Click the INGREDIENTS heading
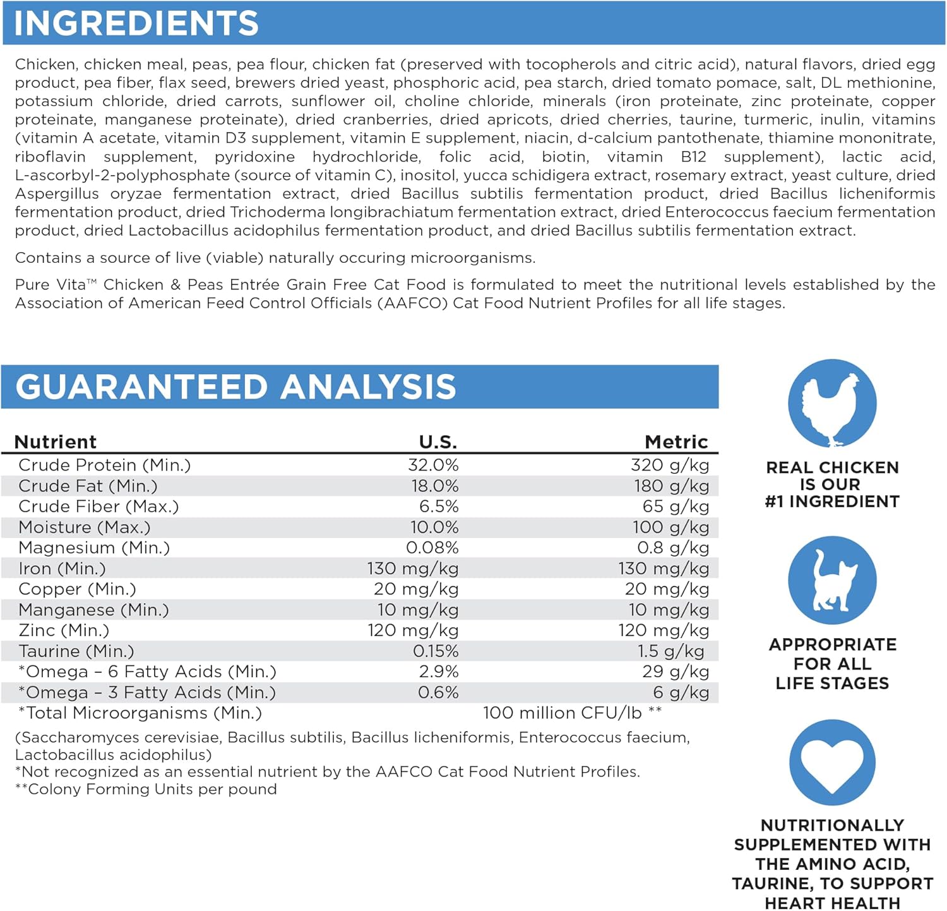point(136,23)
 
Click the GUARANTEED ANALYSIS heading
point(235,387)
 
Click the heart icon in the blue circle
point(832,763)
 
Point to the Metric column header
point(676,442)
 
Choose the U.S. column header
point(438,442)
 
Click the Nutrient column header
point(56,442)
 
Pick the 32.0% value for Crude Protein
point(433,465)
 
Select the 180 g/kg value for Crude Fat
point(671,486)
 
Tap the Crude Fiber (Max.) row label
point(98,507)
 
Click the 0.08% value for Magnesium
point(432,548)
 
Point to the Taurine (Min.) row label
point(76,651)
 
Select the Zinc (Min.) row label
point(64,630)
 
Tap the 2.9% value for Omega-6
point(439,672)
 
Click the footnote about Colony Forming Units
point(146,789)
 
